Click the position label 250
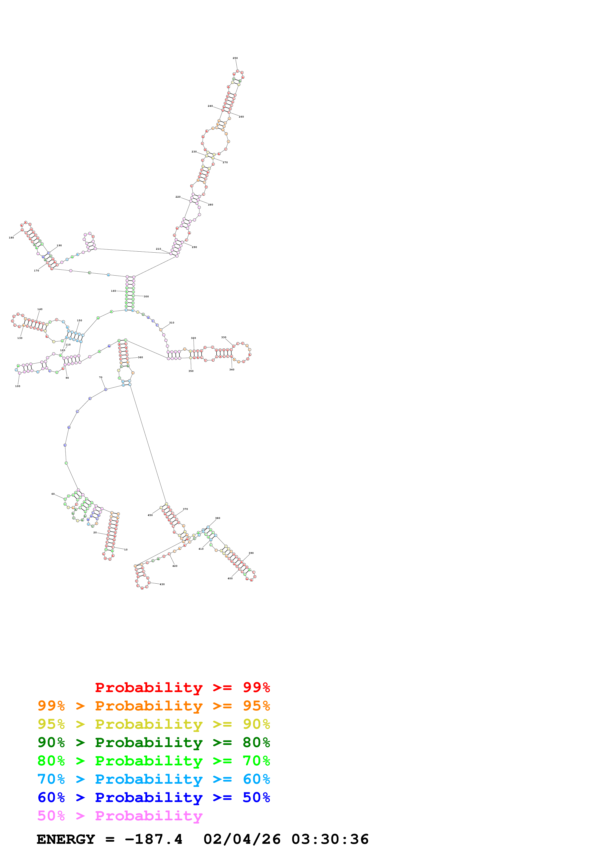coord(235,58)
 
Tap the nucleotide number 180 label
coord(11,237)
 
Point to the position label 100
coord(18,386)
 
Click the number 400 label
coord(230,578)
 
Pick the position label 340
coord(232,370)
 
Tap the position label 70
coord(100,377)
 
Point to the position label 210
coord(158,249)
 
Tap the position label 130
coord(20,338)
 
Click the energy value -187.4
coord(154,839)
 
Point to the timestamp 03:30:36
coord(330,839)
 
